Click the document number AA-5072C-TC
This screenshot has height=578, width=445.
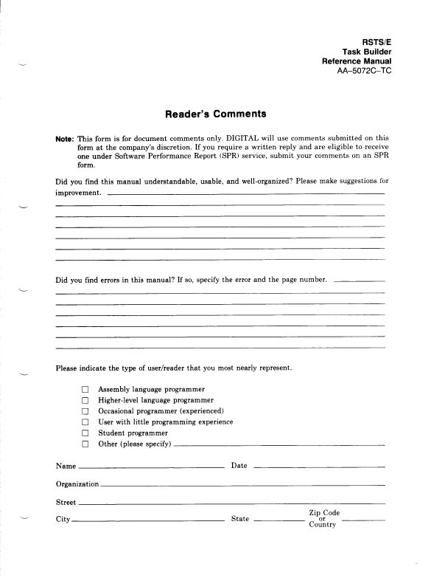358,72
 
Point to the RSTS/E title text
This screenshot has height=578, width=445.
372,41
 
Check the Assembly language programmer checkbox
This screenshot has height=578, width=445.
85,389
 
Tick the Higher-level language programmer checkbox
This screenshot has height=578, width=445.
85,400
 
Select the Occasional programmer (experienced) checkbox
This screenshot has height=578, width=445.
85,411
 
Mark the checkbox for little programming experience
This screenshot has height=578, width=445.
85,422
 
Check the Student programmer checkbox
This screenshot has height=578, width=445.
85,433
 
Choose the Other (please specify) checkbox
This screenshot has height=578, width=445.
85,444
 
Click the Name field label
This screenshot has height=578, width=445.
66,466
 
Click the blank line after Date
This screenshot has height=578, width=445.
318,467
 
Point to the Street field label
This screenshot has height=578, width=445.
66,502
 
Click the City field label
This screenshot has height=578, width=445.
63,520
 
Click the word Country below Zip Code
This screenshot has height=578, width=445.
323,526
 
